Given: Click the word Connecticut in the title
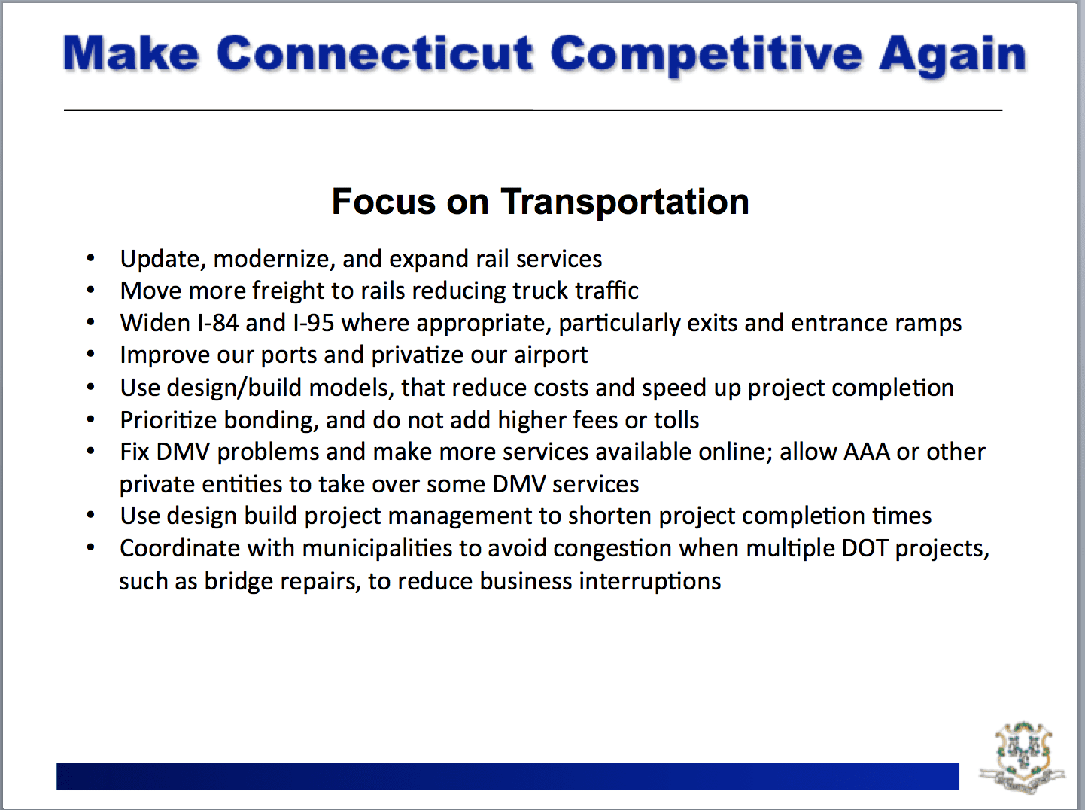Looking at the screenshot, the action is point(375,53).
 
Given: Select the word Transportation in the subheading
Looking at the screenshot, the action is point(625,202).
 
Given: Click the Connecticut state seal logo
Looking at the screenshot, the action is point(1023,757).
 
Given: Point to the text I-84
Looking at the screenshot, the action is point(217,324).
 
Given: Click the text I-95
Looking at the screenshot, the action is point(314,324).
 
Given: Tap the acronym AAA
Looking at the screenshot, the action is point(867,452).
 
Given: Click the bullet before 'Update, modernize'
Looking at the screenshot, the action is point(90,258).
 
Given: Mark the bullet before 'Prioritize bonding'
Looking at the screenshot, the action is point(90,419).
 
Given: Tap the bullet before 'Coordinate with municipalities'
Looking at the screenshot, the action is point(90,547).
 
